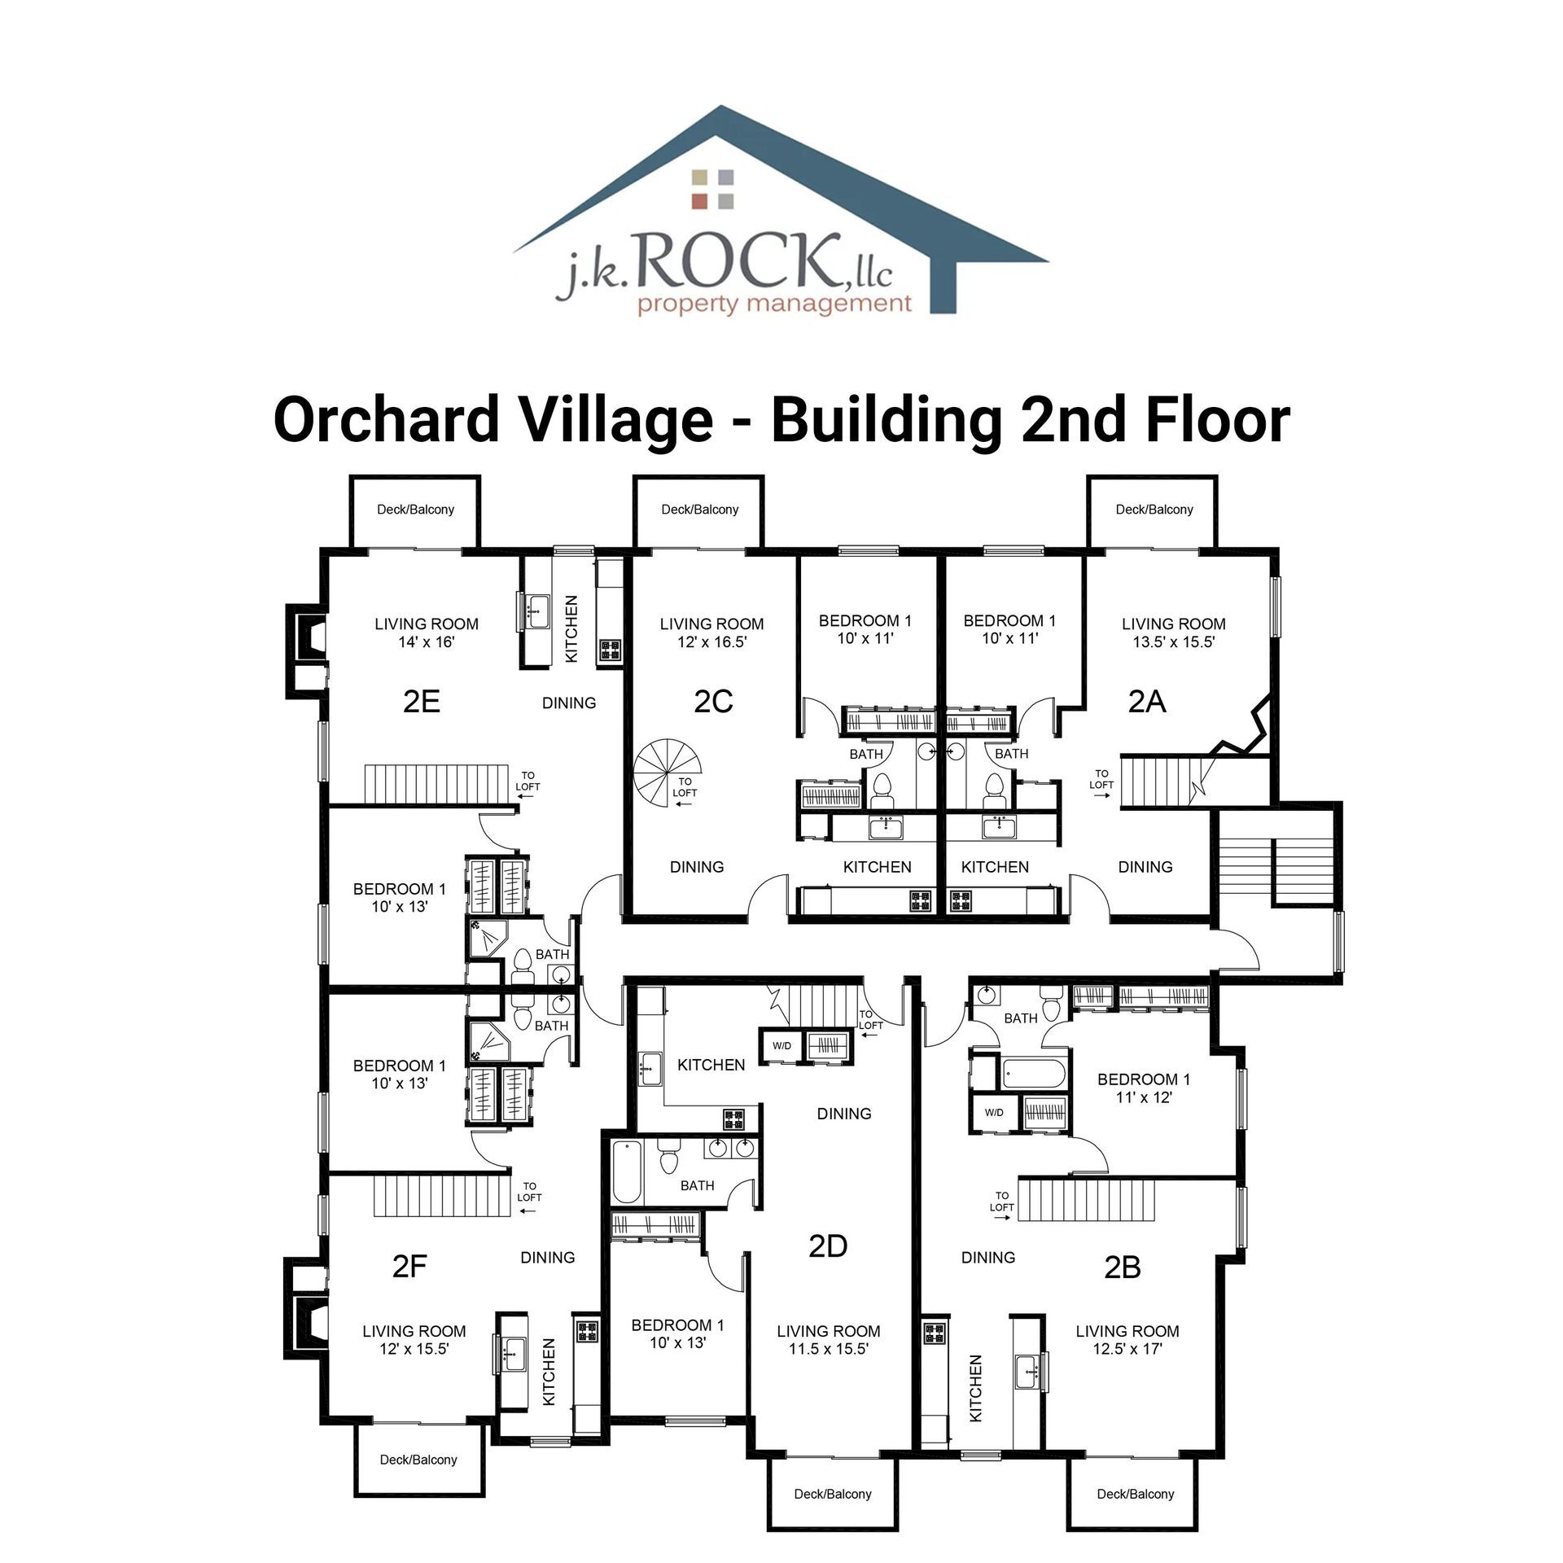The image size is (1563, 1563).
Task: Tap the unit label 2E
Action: (x=422, y=701)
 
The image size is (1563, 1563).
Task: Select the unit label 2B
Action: (x=1122, y=1267)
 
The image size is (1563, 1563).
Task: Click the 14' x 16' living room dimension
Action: (x=427, y=642)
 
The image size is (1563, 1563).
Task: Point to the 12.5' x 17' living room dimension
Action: (x=1127, y=1349)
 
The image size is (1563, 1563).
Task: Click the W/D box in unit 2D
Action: (x=781, y=1045)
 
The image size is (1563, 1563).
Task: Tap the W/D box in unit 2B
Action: (x=994, y=1112)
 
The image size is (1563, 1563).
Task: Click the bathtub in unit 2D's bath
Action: (x=627, y=1172)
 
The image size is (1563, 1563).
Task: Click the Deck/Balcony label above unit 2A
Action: (x=1154, y=510)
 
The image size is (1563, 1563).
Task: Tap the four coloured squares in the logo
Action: (x=712, y=189)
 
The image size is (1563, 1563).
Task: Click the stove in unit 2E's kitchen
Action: (x=610, y=650)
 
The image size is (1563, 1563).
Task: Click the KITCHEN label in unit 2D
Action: (x=711, y=1065)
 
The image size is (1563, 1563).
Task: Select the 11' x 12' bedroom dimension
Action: (x=1144, y=1097)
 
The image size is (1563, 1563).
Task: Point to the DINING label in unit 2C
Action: (x=697, y=867)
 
